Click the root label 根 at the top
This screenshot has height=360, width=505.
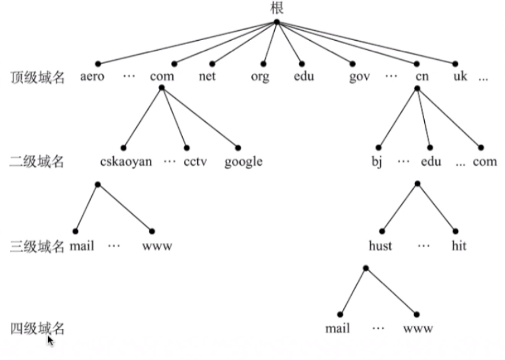(x=277, y=8)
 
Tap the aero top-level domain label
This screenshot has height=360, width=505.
(x=93, y=76)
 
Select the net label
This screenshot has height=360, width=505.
(x=208, y=76)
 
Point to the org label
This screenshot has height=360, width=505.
(x=260, y=76)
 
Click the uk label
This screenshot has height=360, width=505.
(x=460, y=76)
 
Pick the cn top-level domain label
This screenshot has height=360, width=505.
(x=422, y=76)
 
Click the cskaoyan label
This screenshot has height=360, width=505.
(x=126, y=161)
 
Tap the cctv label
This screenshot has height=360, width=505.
(x=195, y=161)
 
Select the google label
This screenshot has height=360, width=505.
(x=243, y=161)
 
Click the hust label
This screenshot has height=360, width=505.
(x=380, y=246)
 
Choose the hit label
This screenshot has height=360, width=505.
(x=459, y=246)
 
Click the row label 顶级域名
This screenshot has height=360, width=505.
(x=37, y=77)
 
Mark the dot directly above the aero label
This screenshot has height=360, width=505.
(x=97, y=64)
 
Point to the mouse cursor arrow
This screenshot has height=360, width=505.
(x=51, y=340)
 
